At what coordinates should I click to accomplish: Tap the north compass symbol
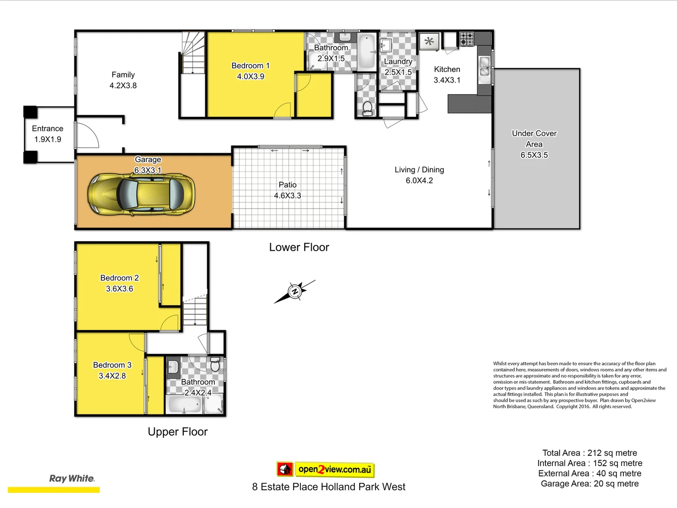coord(295,292)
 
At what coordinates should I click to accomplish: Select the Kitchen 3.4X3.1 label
coord(447,75)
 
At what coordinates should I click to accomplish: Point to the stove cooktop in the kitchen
coord(466,39)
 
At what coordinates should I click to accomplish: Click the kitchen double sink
coord(484,66)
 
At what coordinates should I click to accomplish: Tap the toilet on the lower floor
coord(367,108)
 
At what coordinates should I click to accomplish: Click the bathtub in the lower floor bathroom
coord(367,51)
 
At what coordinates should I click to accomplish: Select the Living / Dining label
coord(419,175)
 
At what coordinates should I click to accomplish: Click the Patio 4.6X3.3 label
coord(287,190)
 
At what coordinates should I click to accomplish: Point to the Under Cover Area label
coord(534,144)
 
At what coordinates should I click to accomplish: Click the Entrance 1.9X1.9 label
coord(47,134)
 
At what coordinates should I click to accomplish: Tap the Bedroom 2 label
coord(119,283)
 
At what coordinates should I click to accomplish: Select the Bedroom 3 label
coord(112,370)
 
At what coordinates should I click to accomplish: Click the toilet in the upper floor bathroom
coord(215,364)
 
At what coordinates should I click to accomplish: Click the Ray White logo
coord(71,479)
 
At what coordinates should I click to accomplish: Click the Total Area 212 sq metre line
coord(590,453)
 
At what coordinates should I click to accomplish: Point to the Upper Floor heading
coord(177,432)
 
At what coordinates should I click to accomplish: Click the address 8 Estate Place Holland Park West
coord(329,487)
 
